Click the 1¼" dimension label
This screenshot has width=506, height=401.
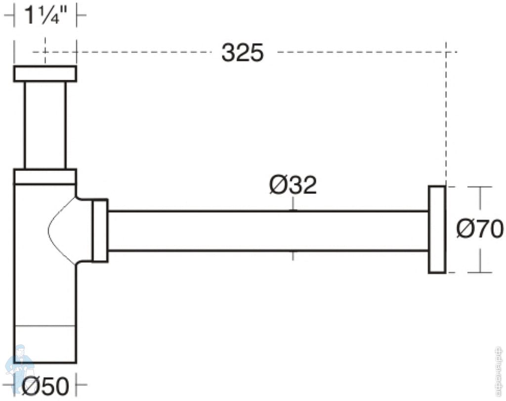[x=45, y=16]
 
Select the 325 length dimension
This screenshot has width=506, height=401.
[x=242, y=52]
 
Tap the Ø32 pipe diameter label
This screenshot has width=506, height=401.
[x=293, y=186]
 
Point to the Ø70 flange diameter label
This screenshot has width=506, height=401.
[x=479, y=229]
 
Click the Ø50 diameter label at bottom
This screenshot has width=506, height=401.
[x=44, y=386]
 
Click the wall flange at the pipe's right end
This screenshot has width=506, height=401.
[x=437, y=229]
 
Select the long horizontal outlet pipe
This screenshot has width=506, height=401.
[x=267, y=231]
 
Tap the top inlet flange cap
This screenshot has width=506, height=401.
[x=45, y=74]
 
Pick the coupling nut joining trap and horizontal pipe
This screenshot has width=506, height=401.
[x=100, y=231]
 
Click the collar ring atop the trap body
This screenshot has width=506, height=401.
[x=45, y=177]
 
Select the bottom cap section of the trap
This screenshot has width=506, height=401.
[x=45, y=344]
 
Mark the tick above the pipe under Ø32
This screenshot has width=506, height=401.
[x=294, y=204]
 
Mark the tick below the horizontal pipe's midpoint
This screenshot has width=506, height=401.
[x=294, y=256]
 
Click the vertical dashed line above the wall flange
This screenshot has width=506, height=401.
[x=446, y=119]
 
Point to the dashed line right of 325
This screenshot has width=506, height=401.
[x=366, y=51]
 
